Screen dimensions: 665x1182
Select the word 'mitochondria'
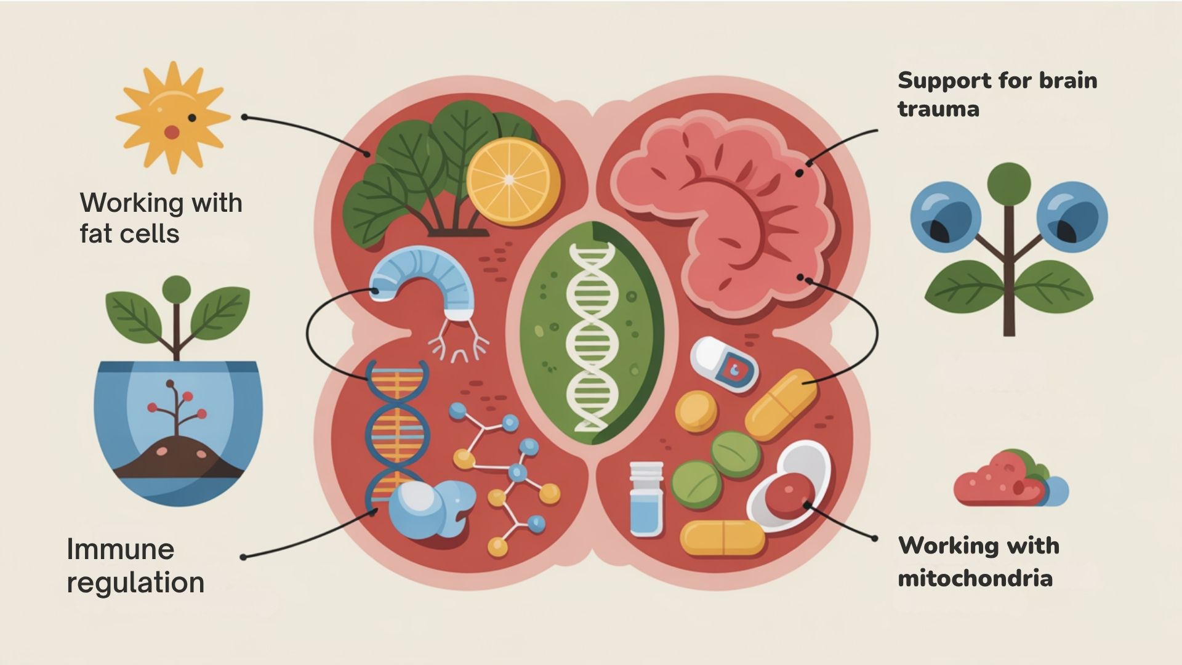click(975, 579)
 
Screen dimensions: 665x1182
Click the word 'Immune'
click(121, 549)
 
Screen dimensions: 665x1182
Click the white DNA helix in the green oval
click(591, 336)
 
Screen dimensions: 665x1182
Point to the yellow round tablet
click(696, 411)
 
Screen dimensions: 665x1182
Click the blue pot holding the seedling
click(179, 431)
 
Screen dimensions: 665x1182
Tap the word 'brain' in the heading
click(1068, 81)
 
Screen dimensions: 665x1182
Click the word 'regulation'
click(135, 582)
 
